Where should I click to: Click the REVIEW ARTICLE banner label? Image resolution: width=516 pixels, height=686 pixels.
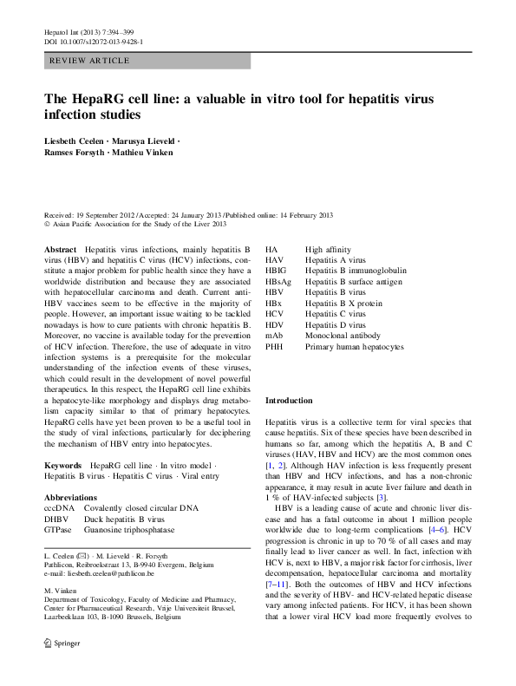[x=90, y=61]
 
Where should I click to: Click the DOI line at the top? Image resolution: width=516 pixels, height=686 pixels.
[x=93, y=42]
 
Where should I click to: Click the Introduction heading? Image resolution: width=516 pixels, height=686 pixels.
[x=289, y=401]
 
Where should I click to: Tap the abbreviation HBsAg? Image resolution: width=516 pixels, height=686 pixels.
[x=278, y=282]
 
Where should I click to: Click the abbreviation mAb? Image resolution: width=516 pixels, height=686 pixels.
[x=274, y=334]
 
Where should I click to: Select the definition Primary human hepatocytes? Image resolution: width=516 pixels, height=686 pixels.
[x=354, y=345]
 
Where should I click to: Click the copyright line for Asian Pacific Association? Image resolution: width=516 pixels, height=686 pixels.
[x=130, y=223]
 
